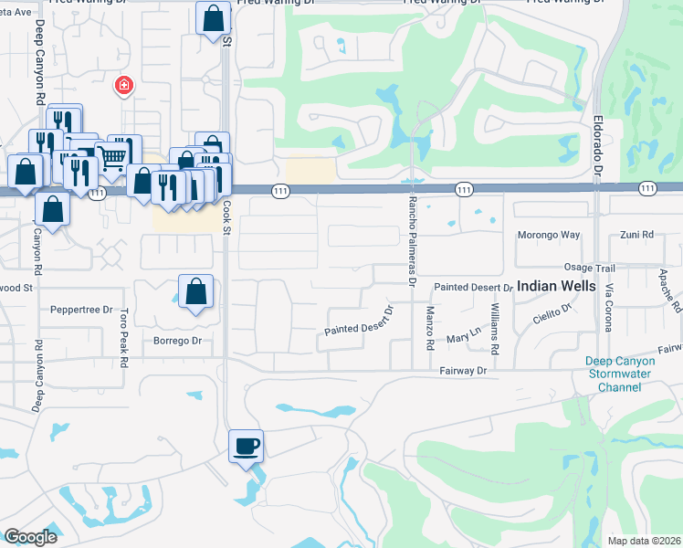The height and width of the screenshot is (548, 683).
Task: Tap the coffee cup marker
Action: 247,447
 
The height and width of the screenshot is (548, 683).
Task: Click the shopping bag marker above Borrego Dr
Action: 195,292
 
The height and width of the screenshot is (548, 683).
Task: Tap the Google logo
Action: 30,537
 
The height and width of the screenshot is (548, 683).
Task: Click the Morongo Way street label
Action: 550,235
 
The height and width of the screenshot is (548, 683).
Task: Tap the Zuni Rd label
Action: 636,235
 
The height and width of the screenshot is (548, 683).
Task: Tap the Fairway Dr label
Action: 463,371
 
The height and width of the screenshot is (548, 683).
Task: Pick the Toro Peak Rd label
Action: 123,337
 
